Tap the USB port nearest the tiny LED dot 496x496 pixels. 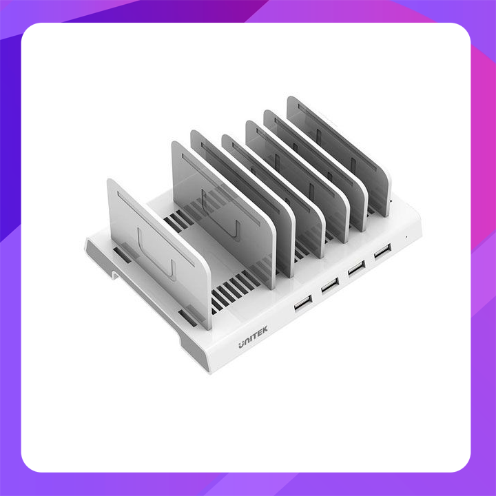pyautogui.click(x=381, y=251)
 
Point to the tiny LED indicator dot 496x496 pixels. pyautogui.click(x=407, y=238)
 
